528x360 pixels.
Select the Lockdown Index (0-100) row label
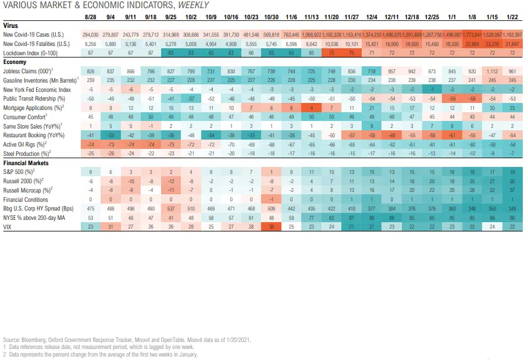point(30,52)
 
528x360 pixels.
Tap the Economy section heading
point(15,62)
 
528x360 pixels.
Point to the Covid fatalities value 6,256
point(90,44)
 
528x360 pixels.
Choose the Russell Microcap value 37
point(512,190)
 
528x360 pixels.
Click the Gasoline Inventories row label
point(38,79)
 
